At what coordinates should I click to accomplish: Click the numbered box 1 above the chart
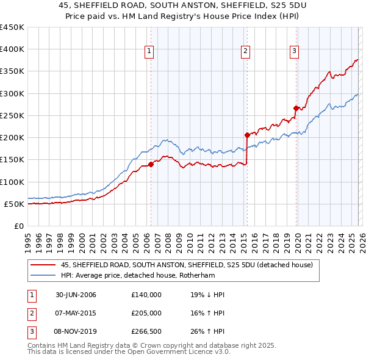pyautogui.click(x=149, y=52)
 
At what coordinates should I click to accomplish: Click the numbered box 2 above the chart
pyautogui.click(x=245, y=52)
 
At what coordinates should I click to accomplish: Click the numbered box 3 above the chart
pyautogui.click(x=294, y=52)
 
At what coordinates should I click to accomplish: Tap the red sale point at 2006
pyautogui.click(x=151, y=164)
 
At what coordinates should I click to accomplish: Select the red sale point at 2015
pyautogui.click(x=247, y=135)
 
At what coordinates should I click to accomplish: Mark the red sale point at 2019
pyautogui.click(x=296, y=108)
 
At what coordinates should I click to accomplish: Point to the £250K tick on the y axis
pyautogui.click(x=12, y=115)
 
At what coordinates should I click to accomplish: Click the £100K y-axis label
pyautogui.click(x=12, y=182)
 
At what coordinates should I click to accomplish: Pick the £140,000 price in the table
pyautogui.click(x=146, y=295)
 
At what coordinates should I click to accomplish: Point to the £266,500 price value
pyautogui.click(x=146, y=331)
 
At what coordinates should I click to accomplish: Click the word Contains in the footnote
pyautogui.click(x=42, y=345)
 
